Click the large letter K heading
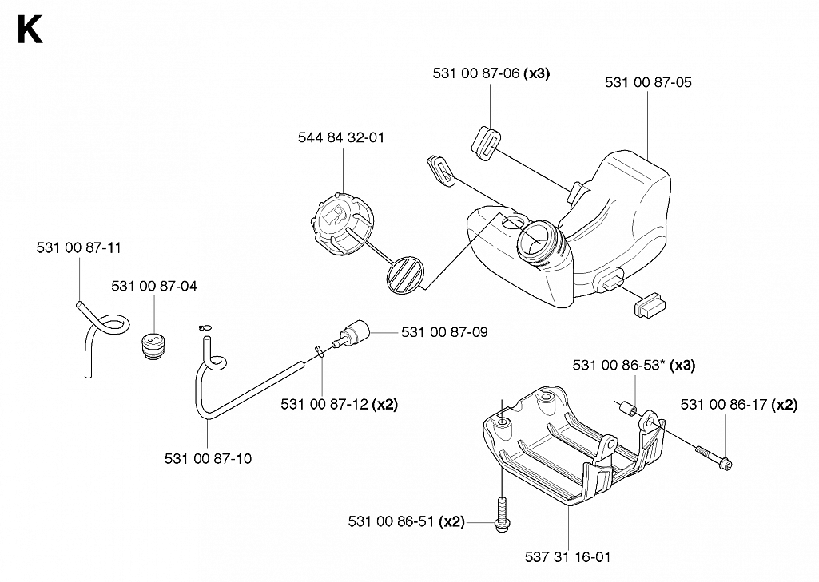[30, 30]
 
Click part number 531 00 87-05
[648, 82]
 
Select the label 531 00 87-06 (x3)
[491, 73]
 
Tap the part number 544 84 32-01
[341, 138]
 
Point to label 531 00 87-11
[79, 248]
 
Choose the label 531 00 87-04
[154, 287]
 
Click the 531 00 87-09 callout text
[444, 332]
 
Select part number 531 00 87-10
[208, 459]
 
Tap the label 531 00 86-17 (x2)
[738, 405]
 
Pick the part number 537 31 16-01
[568, 557]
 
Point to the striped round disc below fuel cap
[405, 275]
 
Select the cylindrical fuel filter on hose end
[354, 333]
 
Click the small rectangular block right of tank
[650, 305]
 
